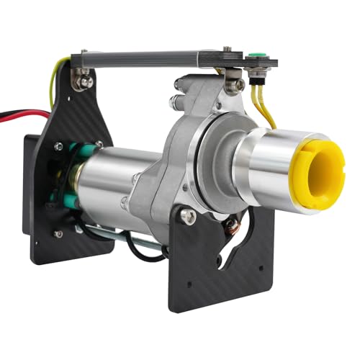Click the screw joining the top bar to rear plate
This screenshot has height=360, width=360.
click(x=86, y=81)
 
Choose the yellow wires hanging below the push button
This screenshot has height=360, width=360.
click(x=264, y=108)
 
